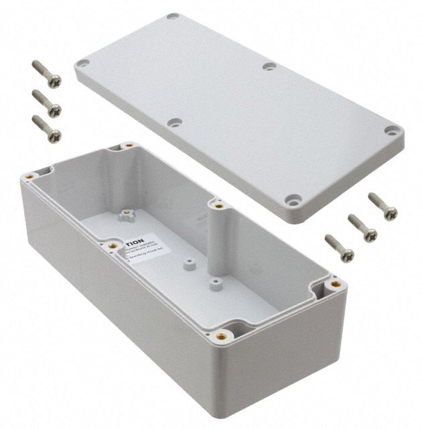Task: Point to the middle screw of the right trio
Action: click(x=361, y=226)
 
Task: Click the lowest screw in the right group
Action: click(x=338, y=246)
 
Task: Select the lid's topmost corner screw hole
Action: click(x=173, y=16)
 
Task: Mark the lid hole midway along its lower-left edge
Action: click(x=175, y=123)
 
